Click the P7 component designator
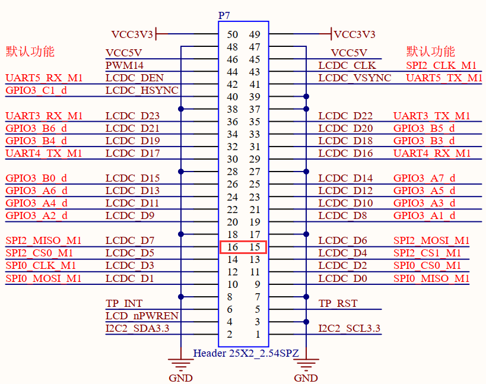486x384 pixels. pos(224,15)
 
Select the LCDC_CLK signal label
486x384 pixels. pos(347,65)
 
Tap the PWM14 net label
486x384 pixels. pos(124,65)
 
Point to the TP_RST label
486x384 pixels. pos(338,303)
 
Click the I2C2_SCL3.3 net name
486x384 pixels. pos(350,328)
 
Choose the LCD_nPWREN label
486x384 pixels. pos(142,316)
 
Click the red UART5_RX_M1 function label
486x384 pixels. pos(44,78)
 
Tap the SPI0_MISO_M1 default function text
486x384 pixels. pos(431,278)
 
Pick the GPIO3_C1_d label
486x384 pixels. pos(36,91)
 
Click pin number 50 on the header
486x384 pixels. pos(232,34)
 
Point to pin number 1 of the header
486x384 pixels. pos(257,335)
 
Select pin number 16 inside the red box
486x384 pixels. pos(232,247)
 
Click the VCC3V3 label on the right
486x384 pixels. pos(354,34)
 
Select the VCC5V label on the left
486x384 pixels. pos(125,53)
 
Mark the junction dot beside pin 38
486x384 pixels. pos(180,109)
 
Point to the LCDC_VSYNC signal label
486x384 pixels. pos(354,78)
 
